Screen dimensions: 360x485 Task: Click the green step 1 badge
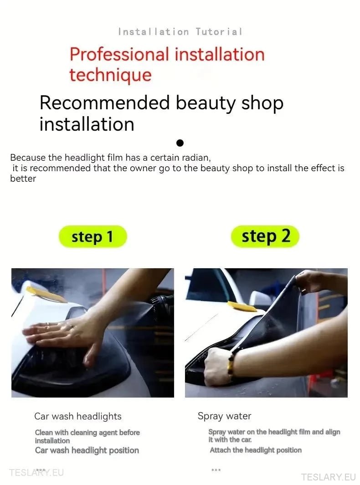(x=93, y=237)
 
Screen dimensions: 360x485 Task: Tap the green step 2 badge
(x=265, y=236)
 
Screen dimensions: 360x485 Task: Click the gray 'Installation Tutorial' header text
(x=180, y=31)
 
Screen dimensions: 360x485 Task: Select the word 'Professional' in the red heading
(x=119, y=55)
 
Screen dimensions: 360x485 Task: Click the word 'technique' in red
(x=111, y=75)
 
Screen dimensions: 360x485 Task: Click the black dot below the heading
(x=180, y=143)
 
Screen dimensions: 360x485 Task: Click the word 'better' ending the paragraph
(x=23, y=179)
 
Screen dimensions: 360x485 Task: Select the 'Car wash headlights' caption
(x=78, y=416)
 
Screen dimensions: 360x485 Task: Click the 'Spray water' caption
(x=224, y=416)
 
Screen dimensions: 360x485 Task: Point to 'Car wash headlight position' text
(x=87, y=450)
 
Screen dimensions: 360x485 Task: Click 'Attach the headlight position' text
(x=256, y=450)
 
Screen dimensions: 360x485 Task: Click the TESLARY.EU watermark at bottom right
(x=329, y=477)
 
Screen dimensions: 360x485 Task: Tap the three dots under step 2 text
(x=216, y=470)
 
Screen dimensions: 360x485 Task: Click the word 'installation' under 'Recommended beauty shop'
(x=87, y=124)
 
